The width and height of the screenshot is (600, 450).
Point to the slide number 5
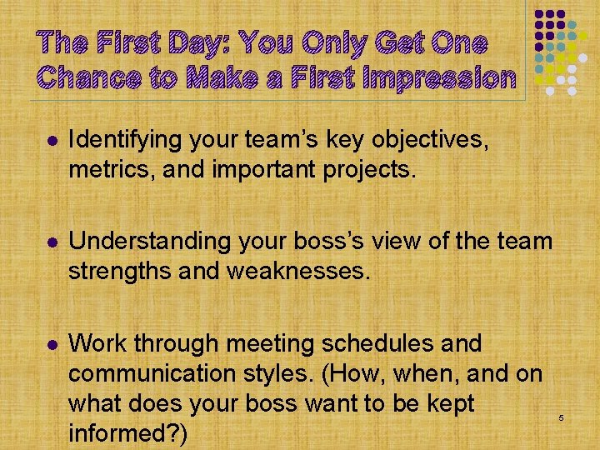pos(562,416)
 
